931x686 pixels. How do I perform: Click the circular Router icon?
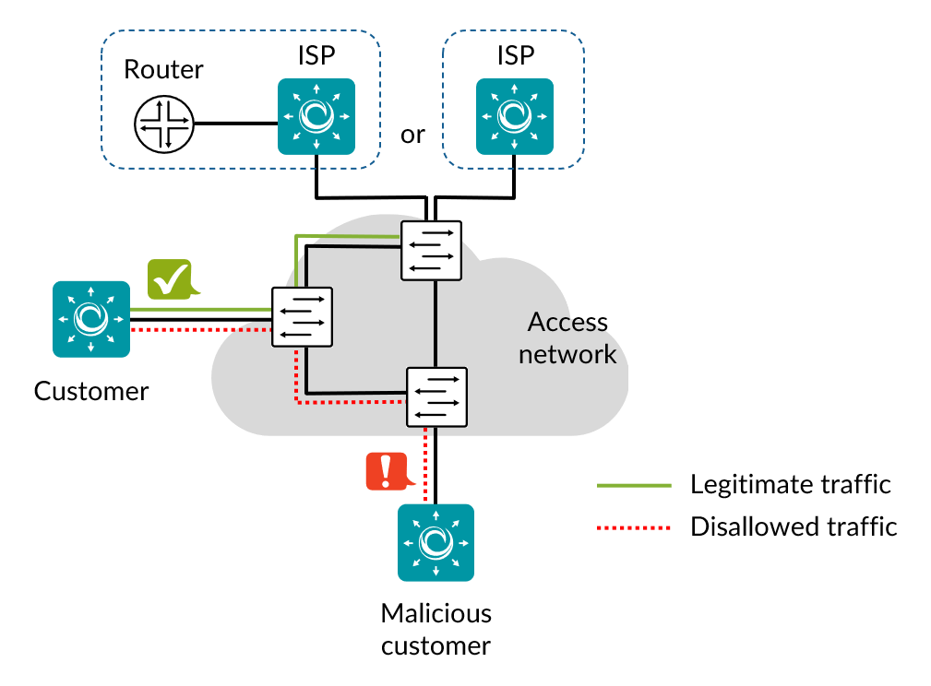click(163, 124)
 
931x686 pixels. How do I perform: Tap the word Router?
click(163, 69)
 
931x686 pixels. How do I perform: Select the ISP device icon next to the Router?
click(316, 116)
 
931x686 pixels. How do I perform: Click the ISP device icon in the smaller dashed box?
click(514, 116)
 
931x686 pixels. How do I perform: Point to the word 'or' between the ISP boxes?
click(412, 135)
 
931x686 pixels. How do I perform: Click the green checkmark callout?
click(170, 278)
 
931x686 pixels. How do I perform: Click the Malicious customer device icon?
click(436, 542)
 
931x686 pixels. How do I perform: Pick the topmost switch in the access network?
click(431, 250)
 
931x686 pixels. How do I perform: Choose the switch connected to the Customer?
click(302, 317)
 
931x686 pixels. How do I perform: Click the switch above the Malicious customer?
click(437, 396)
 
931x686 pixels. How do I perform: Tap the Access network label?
click(567, 337)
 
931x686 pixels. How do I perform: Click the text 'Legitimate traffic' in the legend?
click(790, 484)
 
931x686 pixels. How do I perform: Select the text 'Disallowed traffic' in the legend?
click(794, 526)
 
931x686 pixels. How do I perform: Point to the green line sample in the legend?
click(633, 485)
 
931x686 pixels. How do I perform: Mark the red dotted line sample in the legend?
click(633, 527)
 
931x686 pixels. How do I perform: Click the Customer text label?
click(91, 391)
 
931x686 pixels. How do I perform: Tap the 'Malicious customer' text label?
click(436, 629)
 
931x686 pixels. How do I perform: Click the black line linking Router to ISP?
click(234, 124)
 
